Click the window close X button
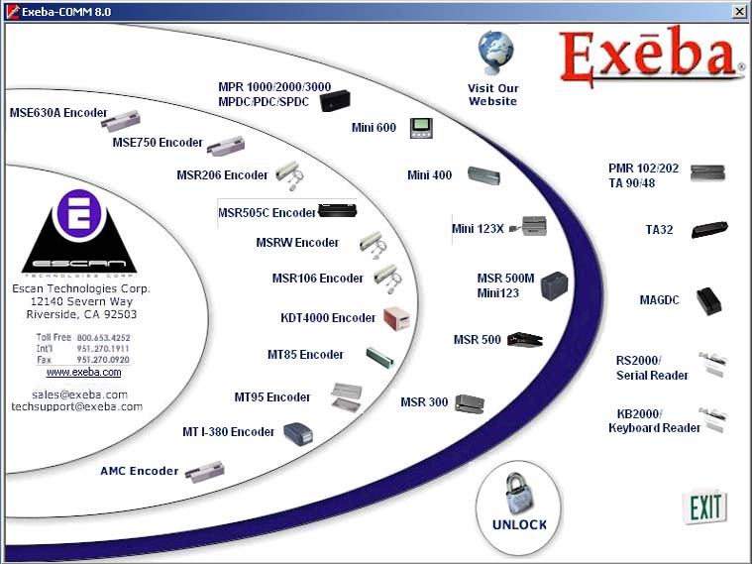(x=739, y=12)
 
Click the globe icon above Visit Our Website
(x=495, y=53)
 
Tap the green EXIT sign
(x=705, y=507)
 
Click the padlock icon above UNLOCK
(x=519, y=494)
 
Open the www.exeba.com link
(x=83, y=373)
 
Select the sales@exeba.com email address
(x=79, y=395)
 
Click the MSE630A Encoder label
(x=58, y=113)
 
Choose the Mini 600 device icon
(x=421, y=128)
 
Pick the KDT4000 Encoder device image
(x=397, y=318)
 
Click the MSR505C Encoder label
(x=267, y=213)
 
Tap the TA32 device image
(x=709, y=229)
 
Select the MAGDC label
(x=660, y=300)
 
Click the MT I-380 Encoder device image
(x=298, y=434)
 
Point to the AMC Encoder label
(x=139, y=471)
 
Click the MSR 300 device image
(x=470, y=403)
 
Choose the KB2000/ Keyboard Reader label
(x=654, y=421)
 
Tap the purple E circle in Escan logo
(x=79, y=213)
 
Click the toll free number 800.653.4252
(x=104, y=337)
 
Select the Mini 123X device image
(x=528, y=227)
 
